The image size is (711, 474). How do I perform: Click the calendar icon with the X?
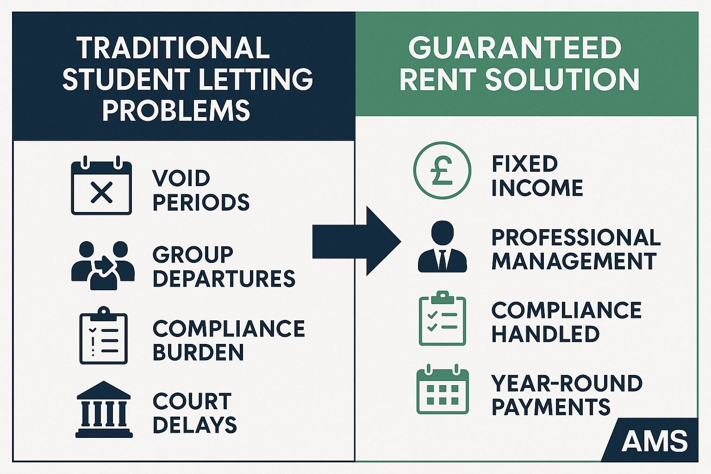point(101,187)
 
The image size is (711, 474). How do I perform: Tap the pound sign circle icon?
point(442,170)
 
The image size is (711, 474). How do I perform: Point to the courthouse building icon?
point(104,409)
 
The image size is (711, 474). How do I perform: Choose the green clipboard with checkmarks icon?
point(442,319)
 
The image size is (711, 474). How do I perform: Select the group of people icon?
point(103,265)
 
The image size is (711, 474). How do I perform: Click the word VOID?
point(181,179)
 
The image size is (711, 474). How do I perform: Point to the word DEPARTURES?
point(224,279)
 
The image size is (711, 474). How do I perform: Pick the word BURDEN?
point(198,353)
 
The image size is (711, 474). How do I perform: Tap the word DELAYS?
point(195,425)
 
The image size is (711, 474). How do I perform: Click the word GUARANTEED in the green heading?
point(515,48)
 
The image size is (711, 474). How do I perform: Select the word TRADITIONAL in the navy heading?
point(173,48)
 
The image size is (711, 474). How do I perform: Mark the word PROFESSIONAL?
point(576,237)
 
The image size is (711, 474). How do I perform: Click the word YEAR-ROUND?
point(567,383)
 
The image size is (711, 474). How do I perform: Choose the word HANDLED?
point(545,334)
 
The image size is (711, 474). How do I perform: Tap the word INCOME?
point(537,188)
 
